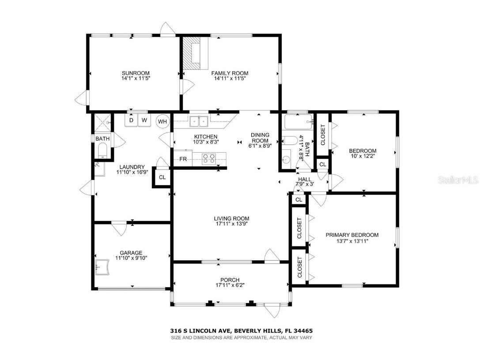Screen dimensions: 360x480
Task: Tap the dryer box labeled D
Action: click(131, 120)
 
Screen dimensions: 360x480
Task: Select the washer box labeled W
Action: click(144, 120)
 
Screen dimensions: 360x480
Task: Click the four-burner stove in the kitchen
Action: click(209, 158)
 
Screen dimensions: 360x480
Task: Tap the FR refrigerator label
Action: click(182, 158)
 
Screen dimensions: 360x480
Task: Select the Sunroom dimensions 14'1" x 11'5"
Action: click(136, 79)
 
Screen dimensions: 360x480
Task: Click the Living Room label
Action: click(231, 218)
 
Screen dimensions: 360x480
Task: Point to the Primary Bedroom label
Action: click(352, 235)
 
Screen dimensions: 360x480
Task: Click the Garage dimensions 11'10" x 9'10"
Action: click(129, 258)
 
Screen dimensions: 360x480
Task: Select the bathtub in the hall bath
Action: click(299, 121)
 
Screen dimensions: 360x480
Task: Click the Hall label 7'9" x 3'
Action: click(304, 182)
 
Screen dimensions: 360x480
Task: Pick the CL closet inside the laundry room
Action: click(162, 178)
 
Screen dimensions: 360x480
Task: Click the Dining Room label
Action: click(260, 138)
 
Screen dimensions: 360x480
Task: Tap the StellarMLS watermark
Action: click(461, 180)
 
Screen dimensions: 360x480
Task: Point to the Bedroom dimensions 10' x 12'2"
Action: click(363, 156)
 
